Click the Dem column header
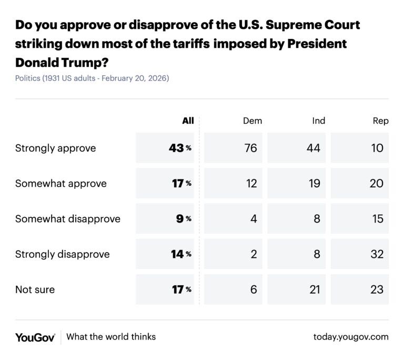[252, 121]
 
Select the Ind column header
[318, 121]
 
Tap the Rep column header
[380, 121]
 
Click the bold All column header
[188, 121]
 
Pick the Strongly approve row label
[55, 148]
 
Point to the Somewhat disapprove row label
[67, 218]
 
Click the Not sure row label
[35, 289]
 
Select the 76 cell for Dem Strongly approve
[251, 148]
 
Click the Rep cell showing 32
[377, 254]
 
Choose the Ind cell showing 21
[314, 289]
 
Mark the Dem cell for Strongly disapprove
[254, 254]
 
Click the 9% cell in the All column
[180, 218]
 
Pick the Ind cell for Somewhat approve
[314, 183]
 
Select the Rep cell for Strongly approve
[377, 148]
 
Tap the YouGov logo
[35, 337]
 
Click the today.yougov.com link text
[350, 337]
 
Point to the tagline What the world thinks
[111, 337]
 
